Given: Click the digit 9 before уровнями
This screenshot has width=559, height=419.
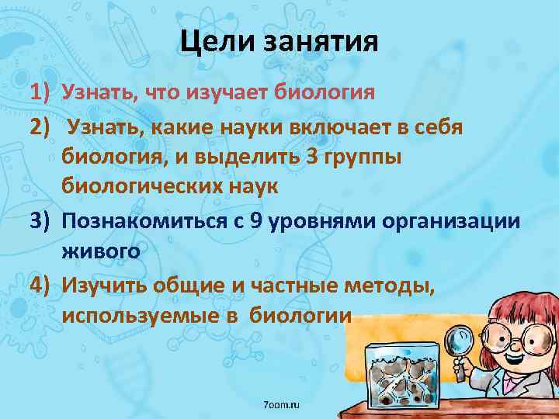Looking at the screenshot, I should coord(256,221).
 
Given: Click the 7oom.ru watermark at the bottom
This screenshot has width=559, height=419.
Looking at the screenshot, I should coord(282,406).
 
